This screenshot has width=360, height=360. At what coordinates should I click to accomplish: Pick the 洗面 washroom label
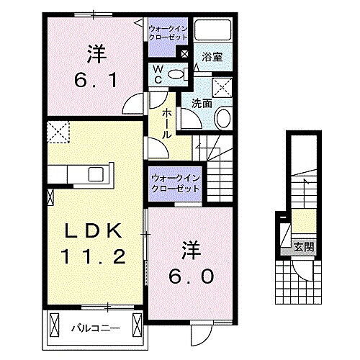[x=201, y=103]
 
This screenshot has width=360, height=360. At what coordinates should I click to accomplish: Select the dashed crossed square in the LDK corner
[x=56, y=132]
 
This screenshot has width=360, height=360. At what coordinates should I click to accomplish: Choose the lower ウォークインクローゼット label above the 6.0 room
[x=175, y=182]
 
